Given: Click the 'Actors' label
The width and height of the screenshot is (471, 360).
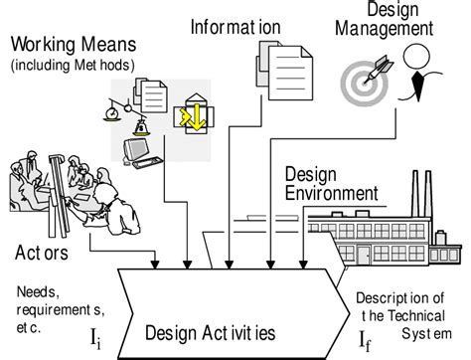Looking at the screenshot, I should coord(42,253).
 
